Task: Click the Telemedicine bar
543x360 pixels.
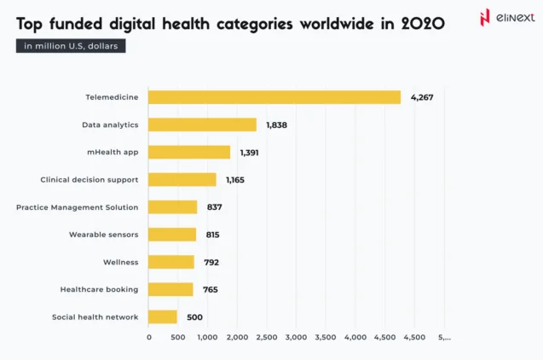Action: tap(274, 97)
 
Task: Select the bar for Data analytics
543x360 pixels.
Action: tap(202, 125)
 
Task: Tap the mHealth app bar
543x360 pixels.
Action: tap(189, 152)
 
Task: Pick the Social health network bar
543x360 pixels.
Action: tap(163, 316)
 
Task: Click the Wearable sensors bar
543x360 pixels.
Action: tap(172, 235)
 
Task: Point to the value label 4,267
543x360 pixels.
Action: tap(422, 97)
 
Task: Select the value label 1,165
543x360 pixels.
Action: tap(235, 180)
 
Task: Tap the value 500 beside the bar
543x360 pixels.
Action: tap(194, 316)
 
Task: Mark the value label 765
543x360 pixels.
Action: tap(210, 289)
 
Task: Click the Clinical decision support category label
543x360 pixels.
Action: tap(90, 180)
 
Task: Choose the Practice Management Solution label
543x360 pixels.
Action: tap(77, 207)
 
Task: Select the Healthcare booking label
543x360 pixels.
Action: tap(99, 289)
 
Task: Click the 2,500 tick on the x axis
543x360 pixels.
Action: tap(266, 338)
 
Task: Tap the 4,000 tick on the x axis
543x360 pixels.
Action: tap(355, 338)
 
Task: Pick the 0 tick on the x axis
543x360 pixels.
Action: tap(149, 338)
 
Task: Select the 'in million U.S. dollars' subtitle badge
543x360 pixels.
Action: tap(71, 46)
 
